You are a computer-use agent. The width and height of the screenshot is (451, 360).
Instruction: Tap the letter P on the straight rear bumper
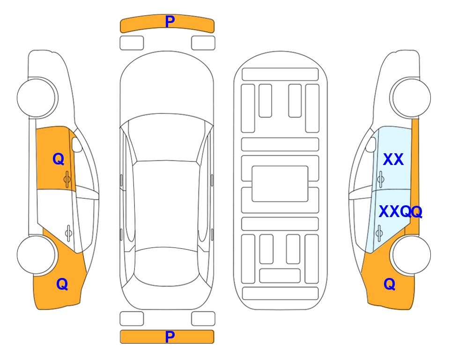[x=170, y=337]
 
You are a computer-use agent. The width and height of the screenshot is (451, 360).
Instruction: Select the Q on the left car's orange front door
[x=59, y=159]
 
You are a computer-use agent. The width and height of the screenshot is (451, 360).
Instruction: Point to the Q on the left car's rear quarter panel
[x=62, y=284]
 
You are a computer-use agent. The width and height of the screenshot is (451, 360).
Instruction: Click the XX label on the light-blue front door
[x=393, y=159]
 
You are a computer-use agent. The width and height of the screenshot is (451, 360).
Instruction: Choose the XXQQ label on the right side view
[x=401, y=212]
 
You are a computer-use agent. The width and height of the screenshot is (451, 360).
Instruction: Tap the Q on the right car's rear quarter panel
[x=390, y=284]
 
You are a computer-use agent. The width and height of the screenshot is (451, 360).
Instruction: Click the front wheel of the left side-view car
[x=37, y=97]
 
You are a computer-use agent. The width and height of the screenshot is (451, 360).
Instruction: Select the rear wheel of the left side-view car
[x=37, y=255]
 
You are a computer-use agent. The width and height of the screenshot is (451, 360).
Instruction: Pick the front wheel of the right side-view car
[x=411, y=97]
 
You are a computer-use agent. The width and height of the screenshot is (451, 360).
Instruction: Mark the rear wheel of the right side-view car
[x=411, y=255]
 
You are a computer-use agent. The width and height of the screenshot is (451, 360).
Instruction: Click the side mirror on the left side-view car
[x=77, y=144]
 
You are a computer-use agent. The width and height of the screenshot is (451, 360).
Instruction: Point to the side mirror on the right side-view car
[x=371, y=144]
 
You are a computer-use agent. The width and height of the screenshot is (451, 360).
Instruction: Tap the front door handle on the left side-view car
[x=67, y=179]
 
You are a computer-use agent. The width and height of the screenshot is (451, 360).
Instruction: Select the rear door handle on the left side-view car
[x=68, y=233]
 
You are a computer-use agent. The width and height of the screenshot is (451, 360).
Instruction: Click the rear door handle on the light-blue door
[x=379, y=233]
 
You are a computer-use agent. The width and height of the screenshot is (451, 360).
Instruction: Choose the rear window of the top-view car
[x=167, y=266]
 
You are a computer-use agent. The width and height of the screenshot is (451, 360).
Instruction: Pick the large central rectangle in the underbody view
[x=280, y=184]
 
